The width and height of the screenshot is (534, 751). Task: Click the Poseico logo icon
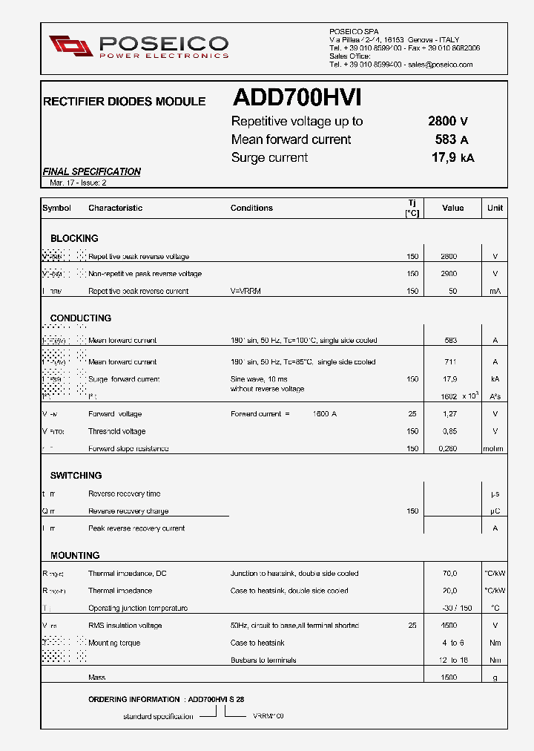70,46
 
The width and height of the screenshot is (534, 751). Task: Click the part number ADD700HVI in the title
297,99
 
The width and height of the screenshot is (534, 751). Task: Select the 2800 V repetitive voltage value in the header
447,122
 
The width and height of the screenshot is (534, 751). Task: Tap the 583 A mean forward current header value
452,140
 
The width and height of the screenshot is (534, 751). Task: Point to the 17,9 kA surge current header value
452,157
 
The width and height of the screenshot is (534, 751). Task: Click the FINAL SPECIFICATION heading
91,171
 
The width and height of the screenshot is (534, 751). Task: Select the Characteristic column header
115,208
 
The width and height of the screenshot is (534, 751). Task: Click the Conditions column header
251,208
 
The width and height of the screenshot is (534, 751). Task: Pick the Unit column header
495,208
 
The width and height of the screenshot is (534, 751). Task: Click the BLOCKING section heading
74,238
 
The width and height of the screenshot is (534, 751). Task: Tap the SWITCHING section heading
76,475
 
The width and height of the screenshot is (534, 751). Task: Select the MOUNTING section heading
75,555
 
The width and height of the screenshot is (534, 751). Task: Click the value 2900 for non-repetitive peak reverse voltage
449,274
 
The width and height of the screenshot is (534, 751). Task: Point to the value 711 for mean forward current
450,362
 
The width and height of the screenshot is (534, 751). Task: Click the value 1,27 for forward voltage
449,414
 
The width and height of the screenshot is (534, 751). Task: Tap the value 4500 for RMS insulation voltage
449,626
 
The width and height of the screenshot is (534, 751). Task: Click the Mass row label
96,678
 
